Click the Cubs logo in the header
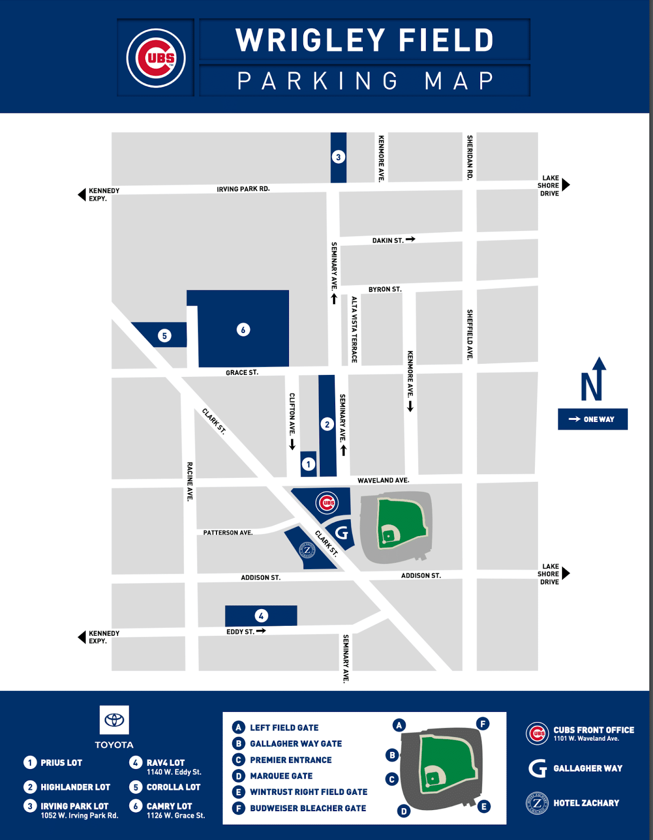156,58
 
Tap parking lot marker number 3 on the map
338,157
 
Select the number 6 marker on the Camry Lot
243,330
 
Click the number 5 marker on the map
164,335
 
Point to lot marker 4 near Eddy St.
261,615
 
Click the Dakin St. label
388,240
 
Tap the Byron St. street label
385,289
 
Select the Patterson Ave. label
228,532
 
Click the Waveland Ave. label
383,480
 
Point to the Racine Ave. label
190,481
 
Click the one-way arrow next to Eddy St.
261,631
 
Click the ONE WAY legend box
593,419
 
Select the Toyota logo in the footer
114,720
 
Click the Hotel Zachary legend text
586,803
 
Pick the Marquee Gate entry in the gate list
281,776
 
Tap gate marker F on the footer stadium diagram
483,724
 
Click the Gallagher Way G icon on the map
341,533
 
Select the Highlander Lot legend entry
75,787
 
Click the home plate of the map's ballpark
388,536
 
